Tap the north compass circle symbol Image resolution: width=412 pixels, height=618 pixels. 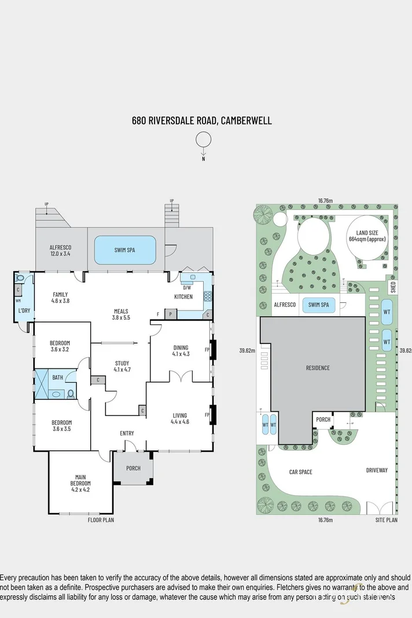coord(203,140)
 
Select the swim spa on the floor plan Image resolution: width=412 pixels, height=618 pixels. coord(124,249)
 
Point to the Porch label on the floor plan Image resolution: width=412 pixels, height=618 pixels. coord(133,468)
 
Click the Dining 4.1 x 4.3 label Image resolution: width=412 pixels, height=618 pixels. coord(181,350)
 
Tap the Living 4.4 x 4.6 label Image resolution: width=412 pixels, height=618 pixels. coord(180,418)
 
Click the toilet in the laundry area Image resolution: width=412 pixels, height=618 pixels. coord(20,277)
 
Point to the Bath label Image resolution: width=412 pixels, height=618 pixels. coord(57,377)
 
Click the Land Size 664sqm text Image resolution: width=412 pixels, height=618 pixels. coord(367,235)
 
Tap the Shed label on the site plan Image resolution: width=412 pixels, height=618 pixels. coord(392,287)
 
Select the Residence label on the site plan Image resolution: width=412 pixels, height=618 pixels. coord(318,368)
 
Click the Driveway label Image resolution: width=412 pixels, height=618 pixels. coord(377,470)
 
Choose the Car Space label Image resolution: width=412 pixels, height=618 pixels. coord(300,472)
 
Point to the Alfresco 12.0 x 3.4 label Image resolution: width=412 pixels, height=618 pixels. coord(60,250)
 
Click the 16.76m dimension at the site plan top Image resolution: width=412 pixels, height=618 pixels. coord(325,200)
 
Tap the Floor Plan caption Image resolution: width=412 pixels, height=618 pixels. coord(101,520)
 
